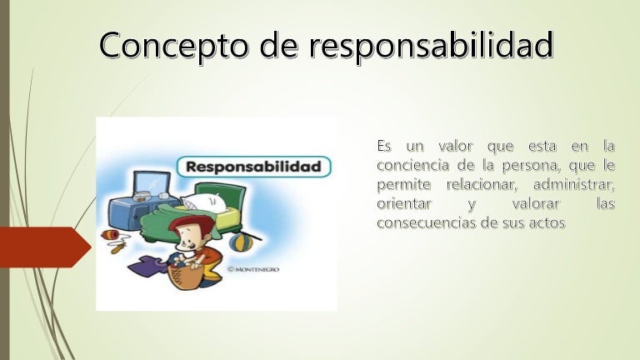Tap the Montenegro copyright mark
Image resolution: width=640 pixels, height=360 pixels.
tap(257, 269)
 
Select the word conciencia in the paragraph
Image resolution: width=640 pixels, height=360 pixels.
tap(412, 166)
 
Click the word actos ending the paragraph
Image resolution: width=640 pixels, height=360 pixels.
tap(545, 222)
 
